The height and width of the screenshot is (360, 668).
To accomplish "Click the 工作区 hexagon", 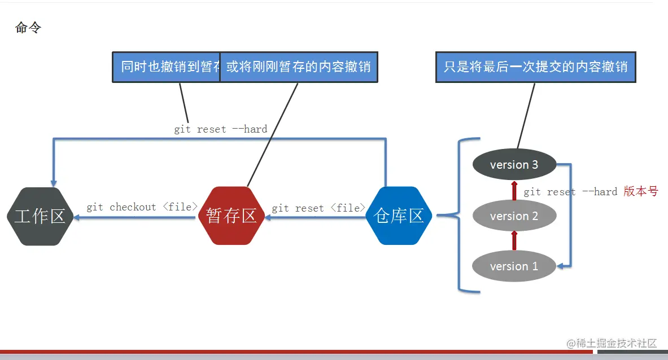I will pyautogui.click(x=40, y=216).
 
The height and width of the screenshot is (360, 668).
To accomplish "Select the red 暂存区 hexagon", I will pyautogui.click(x=232, y=216).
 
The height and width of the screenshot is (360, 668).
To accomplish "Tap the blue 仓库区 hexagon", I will pyautogui.click(x=399, y=216).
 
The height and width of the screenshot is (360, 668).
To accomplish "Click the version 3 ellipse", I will pyautogui.click(x=514, y=165).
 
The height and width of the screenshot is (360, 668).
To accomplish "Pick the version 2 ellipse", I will pyautogui.click(x=514, y=216).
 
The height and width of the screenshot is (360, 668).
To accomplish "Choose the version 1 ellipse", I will pyautogui.click(x=514, y=266).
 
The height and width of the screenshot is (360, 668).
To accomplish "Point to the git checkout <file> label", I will pyautogui.click(x=142, y=207).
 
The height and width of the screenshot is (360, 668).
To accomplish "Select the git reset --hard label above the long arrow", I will pyautogui.click(x=220, y=129).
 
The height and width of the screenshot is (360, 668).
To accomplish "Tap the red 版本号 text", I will pyautogui.click(x=641, y=191).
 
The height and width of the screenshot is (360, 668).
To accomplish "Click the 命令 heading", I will pyautogui.click(x=28, y=28).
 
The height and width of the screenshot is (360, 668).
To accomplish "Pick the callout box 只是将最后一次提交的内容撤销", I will pyautogui.click(x=535, y=67).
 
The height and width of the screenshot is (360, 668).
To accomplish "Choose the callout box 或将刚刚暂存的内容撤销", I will pyautogui.click(x=298, y=67).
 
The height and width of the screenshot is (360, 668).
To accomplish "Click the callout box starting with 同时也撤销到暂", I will pyautogui.click(x=166, y=67).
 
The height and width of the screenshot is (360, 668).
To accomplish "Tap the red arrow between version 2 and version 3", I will pyautogui.click(x=514, y=191).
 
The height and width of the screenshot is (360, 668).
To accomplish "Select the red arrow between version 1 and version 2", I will pyautogui.click(x=514, y=240).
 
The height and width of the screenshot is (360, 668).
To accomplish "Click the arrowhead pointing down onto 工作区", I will pyautogui.click(x=54, y=183).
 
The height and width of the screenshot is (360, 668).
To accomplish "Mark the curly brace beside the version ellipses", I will pyautogui.click(x=457, y=215).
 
